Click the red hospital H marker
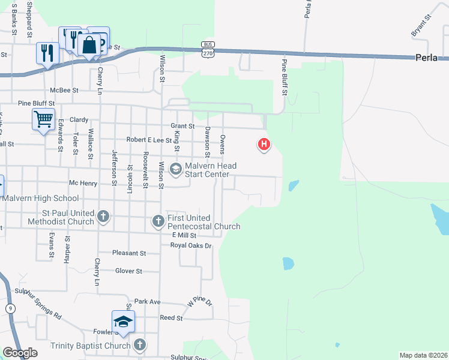263,145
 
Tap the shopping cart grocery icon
43,119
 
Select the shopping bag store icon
89,44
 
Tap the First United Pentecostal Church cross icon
158,221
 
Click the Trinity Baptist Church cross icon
139,344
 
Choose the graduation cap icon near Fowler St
123,322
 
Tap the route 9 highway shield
10,308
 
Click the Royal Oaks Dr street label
191,245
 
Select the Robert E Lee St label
149,140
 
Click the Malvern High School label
40,198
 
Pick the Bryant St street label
421,26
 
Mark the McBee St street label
65,91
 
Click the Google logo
20,353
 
